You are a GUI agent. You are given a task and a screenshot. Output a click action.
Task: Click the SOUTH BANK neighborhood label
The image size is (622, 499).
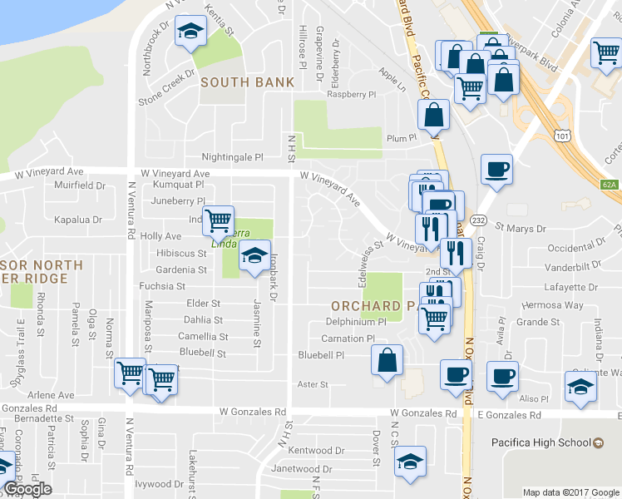pos(247,82)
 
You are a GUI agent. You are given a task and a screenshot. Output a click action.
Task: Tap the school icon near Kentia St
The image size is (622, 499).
pos(192,33)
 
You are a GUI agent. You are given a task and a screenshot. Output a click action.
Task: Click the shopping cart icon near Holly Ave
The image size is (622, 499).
pos(218,221)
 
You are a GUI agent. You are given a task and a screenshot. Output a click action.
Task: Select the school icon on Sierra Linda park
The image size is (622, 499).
pos(255,257)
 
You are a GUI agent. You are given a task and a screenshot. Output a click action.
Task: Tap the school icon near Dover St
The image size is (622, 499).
pos(409,462)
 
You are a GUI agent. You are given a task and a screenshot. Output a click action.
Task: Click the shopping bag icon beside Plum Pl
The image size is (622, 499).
pos(433,116)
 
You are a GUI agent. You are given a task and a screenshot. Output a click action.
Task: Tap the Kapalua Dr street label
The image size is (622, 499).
pos(79,220)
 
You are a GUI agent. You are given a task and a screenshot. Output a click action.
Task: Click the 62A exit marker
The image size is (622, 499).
pos(610,185)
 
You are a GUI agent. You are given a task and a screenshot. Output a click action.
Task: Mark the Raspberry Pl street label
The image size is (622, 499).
pos(352,95)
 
